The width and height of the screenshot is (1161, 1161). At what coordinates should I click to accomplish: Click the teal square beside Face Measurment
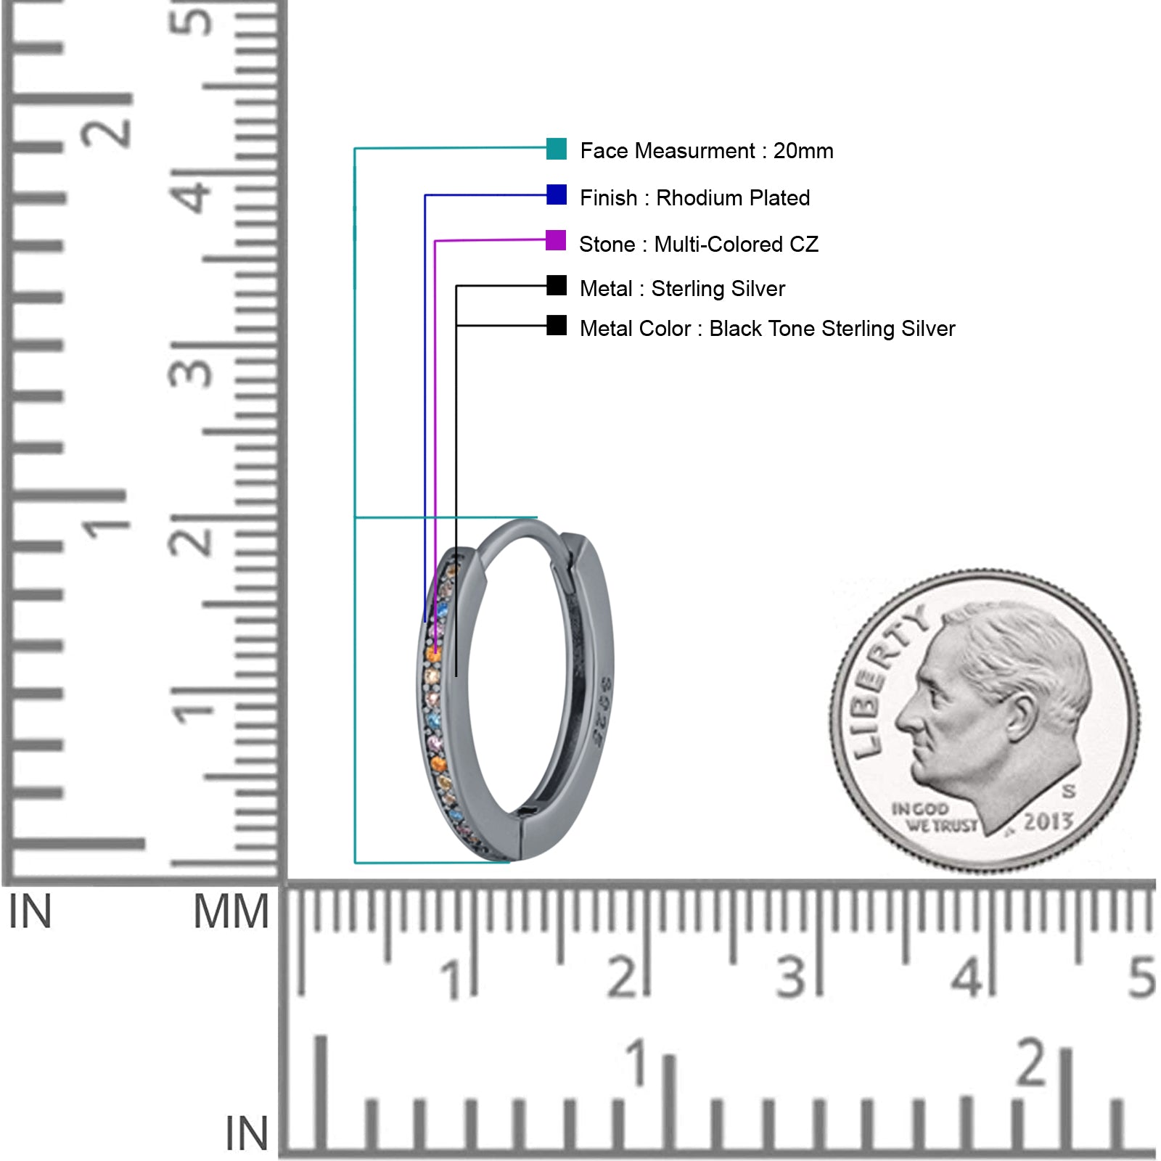557,148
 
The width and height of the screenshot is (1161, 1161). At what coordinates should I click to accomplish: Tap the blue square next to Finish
557,194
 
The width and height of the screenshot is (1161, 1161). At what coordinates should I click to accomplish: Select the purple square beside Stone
556,240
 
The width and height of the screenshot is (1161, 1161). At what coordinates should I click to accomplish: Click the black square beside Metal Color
557,325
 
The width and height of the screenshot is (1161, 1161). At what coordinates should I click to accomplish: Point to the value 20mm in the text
803,151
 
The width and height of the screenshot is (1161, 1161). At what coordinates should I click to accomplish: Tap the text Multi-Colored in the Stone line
718,244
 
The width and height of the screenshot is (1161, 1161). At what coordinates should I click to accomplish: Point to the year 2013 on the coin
1049,821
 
